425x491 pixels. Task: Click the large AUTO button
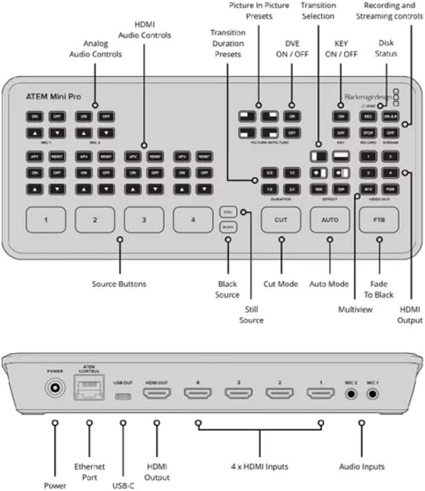pyautogui.click(x=329, y=220)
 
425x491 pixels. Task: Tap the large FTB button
pyautogui.click(x=379, y=220)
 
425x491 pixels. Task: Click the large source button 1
pyautogui.click(x=45, y=220)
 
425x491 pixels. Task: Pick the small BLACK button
pyautogui.click(x=227, y=226)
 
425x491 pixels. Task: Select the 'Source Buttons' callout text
pyautogui.click(x=119, y=284)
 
